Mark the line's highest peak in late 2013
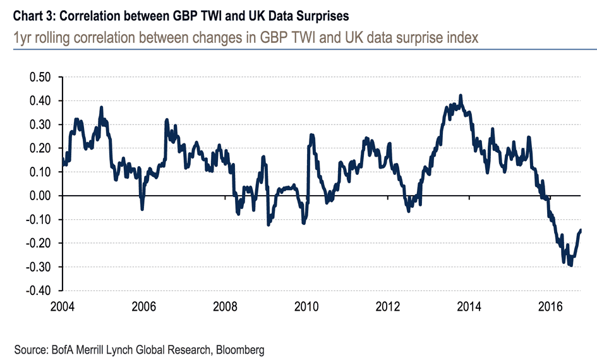[x=461, y=95]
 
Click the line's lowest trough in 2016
[x=571, y=266]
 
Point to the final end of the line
[x=581, y=230]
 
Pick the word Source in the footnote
[x=28, y=349]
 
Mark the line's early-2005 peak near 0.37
[x=101, y=107]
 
